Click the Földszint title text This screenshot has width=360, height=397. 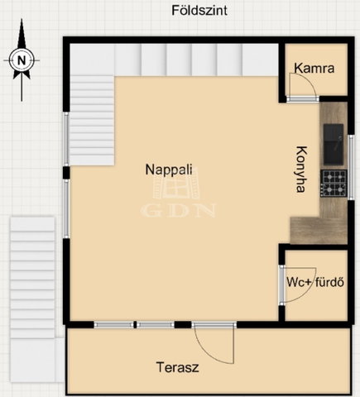point(199,11)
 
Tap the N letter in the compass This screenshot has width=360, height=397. point(22,60)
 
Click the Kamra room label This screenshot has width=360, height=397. point(314,68)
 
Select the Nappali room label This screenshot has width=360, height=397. point(169,170)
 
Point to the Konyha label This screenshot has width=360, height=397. point(301,170)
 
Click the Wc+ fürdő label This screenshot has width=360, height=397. point(315,282)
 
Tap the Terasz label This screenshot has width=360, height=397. point(177,367)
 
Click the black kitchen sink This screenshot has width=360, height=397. point(334,145)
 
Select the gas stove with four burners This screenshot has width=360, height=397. point(334,184)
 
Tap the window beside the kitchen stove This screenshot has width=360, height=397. point(351,167)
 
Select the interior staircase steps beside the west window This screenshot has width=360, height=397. point(92,121)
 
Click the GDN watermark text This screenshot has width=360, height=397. point(178,211)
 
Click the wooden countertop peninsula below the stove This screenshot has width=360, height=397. point(319,231)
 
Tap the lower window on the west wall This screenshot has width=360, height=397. point(66,208)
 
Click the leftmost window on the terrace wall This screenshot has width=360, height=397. point(113,325)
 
